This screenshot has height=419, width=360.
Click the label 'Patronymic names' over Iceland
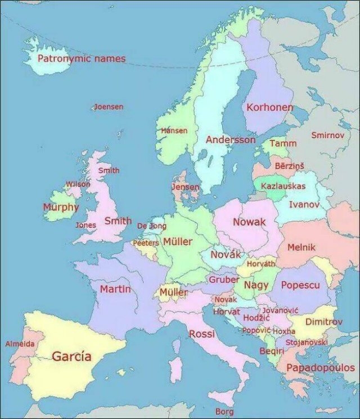[x=82, y=58]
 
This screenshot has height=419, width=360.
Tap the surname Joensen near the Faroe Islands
[x=109, y=106]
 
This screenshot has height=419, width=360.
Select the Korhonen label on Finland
[x=269, y=107]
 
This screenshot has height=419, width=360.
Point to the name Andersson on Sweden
[x=230, y=139]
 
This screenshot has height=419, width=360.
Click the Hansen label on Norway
[x=174, y=130]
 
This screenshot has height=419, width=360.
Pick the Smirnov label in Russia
[x=327, y=135]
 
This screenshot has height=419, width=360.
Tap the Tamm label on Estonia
[x=283, y=143]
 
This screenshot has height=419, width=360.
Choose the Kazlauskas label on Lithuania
[x=283, y=186]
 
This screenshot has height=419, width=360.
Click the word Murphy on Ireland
[x=61, y=207]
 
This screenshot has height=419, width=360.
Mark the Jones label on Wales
[x=86, y=224]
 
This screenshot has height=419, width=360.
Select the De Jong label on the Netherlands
[x=152, y=226]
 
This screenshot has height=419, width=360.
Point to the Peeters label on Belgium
[x=146, y=243]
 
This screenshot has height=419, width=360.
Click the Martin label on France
[x=115, y=289]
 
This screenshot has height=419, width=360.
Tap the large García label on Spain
[x=71, y=356]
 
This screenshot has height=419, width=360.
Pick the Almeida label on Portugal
[x=20, y=343]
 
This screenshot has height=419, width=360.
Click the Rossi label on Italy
[x=201, y=334]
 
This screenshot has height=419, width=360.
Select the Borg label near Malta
[x=224, y=412]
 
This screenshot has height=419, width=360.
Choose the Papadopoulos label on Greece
[x=321, y=368]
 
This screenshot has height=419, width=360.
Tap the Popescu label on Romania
[x=300, y=285]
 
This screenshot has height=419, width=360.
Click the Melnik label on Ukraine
[x=301, y=247]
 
